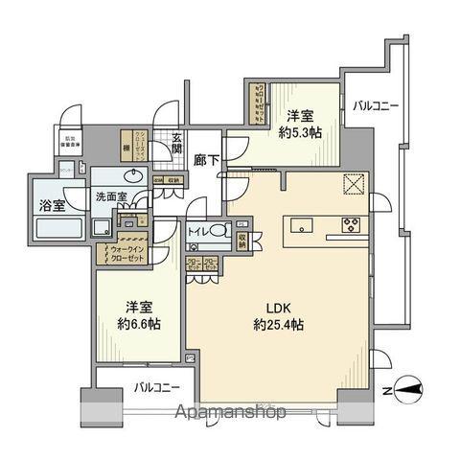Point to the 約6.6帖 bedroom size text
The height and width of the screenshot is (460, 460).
pyautogui.click(x=139, y=323)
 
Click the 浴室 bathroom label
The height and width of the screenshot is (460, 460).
pyautogui.click(x=51, y=205)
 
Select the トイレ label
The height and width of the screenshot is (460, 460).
pyautogui.click(x=198, y=232)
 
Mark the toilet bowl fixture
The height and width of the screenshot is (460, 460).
pyautogui.click(x=218, y=231)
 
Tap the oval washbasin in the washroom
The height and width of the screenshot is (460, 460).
pyautogui.click(x=132, y=176)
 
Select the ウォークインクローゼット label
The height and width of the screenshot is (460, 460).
pyautogui.click(x=120, y=254)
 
